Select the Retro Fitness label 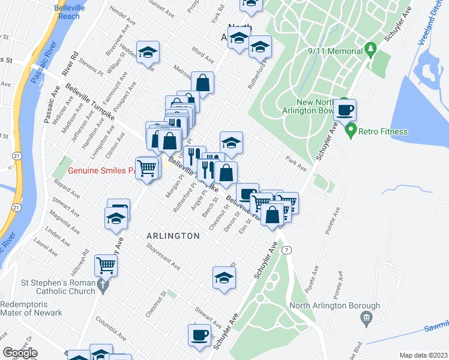pos(384,131)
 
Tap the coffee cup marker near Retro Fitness pos(345,110)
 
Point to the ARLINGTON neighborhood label pos(173,236)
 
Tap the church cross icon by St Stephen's pos(102,286)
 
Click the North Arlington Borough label pos(334,305)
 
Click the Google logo pos(20,353)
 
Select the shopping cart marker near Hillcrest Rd pos(106,264)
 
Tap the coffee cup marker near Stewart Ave pos(200,335)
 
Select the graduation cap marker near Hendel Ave pos(147,52)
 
